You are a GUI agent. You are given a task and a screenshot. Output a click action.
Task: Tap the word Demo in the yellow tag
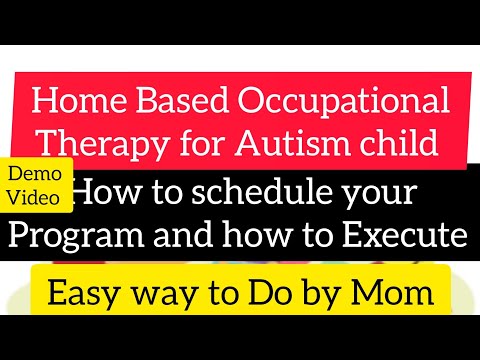(x=40, y=175)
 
